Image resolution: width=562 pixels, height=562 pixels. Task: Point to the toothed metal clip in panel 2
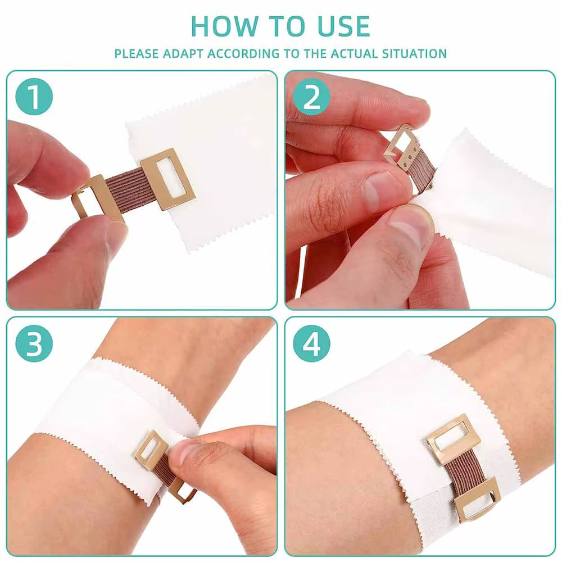(404, 147)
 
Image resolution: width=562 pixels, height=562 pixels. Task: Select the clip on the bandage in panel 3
(149, 450)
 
